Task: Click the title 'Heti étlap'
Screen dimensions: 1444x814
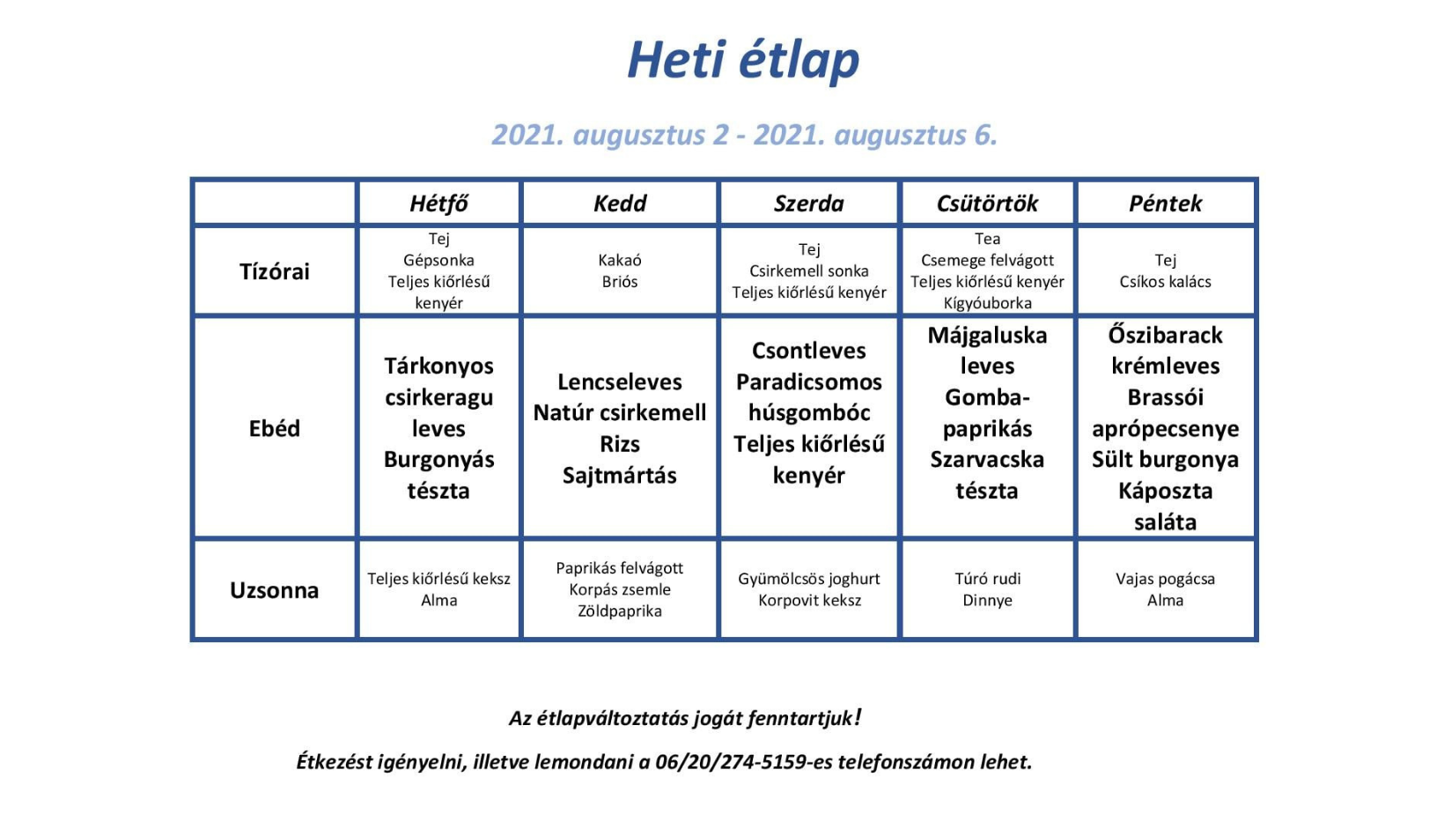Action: [x=743, y=60]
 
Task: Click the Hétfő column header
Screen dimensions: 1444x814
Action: [x=438, y=203]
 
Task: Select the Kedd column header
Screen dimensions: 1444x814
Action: [x=620, y=203]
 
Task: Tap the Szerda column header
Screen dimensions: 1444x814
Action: [x=808, y=203]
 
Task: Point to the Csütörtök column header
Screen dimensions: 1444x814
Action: [x=987, y=203]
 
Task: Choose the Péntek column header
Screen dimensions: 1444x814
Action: [x=1165, y=203]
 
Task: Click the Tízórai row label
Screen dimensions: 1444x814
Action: [x=275, y=271]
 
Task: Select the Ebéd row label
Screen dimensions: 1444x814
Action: [x=275, y=428]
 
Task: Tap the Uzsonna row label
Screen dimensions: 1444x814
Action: [x=275, y=590]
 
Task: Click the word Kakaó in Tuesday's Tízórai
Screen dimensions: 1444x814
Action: [x=620, y=260]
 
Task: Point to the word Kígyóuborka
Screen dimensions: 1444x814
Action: [x=987, y=303]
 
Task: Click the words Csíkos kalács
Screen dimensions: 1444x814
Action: [x=1165, y=282]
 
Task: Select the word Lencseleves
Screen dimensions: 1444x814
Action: [x=620, y=381]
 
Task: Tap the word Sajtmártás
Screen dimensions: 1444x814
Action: [x=620, y=476]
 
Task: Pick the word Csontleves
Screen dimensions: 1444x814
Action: [x=808, y=351]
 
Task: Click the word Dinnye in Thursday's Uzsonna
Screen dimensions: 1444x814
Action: [x=987, y=601]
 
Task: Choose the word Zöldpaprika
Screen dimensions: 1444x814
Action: [x=620, y=610]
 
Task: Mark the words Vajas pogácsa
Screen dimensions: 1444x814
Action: [x=1165, y=579]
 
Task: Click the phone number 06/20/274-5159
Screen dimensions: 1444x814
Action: [x=731, y=762]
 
